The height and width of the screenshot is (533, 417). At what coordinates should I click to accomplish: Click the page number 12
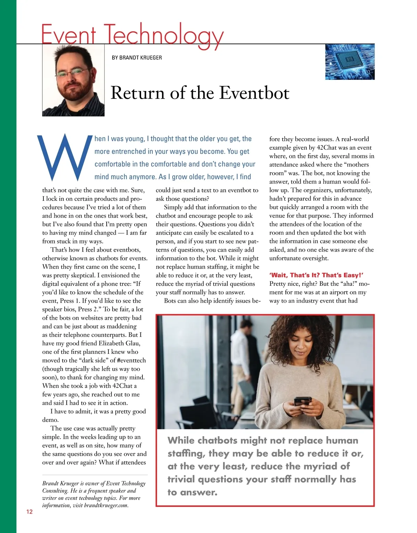click(29, 511)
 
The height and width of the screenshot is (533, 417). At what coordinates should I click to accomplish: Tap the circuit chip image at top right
click(350, 62)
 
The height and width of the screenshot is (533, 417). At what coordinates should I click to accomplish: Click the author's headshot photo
click(73, 81)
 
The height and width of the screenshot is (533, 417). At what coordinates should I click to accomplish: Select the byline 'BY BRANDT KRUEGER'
click(137, 58)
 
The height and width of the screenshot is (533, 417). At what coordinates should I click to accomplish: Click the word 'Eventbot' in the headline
click(254, 93)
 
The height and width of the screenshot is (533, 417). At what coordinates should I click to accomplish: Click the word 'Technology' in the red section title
click(163, 35)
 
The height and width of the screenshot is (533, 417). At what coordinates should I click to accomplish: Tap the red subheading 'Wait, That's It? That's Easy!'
click(316, 275)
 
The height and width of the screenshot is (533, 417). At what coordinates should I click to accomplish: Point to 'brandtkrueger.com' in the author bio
click(106, 505)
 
